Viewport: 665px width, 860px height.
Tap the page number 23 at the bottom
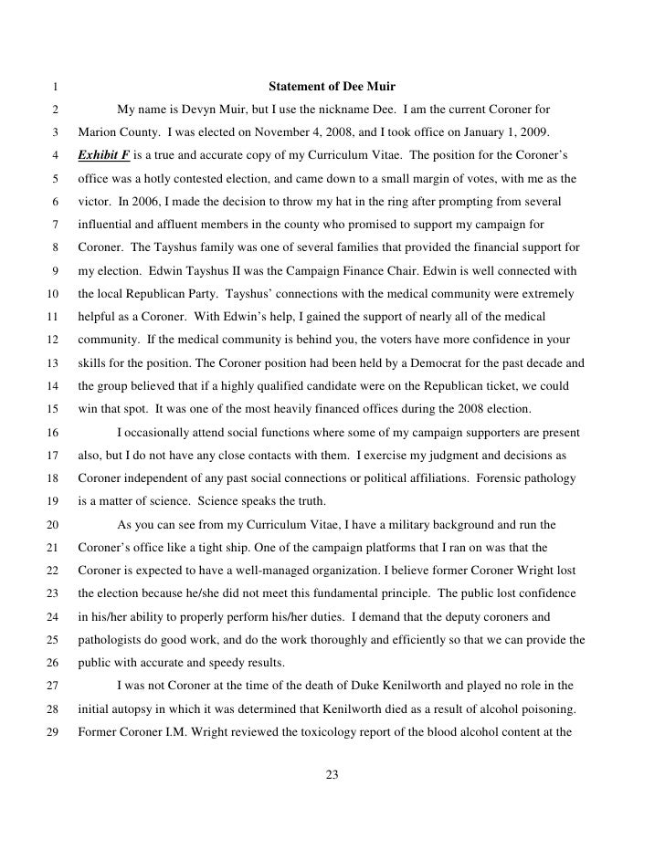[x=332, y=776]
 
